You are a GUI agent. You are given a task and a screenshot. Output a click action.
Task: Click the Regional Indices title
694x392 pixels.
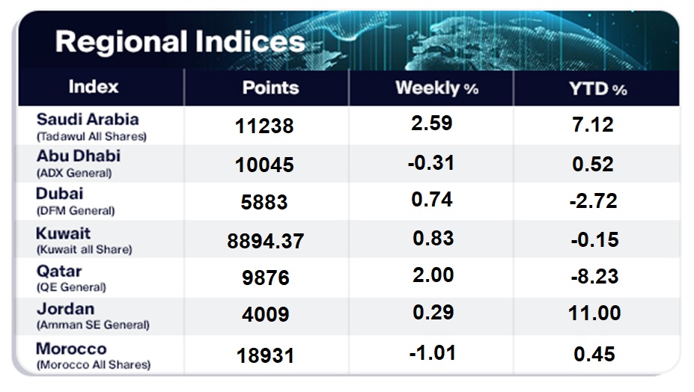(x=180, y=42)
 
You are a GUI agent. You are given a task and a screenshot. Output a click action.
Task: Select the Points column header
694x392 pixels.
(x=271, y=88)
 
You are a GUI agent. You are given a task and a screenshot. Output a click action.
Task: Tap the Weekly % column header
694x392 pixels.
(x=437, y=88)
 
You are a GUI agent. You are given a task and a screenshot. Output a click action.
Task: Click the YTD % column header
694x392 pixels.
(x=598, y=89)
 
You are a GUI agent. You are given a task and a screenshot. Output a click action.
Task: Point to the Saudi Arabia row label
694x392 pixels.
(x=88, y=119)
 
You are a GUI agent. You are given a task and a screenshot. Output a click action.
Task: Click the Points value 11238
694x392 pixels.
(x=264, y=126)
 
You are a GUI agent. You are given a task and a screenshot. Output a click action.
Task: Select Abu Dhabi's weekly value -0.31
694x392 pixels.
(x=431, y=163)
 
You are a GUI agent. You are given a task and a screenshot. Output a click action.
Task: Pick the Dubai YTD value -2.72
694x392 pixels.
(x=593, y=201)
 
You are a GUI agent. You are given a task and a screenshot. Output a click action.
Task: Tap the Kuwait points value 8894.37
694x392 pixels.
(x=266, y=241)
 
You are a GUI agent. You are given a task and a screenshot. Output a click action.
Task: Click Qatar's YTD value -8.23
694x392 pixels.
(x=594, y=277)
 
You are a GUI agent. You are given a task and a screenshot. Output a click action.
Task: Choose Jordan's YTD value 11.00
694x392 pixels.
(x=594, y=313)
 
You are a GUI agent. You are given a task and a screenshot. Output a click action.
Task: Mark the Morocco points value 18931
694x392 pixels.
(x=266, y=356)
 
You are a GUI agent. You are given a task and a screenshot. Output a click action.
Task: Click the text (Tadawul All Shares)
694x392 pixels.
(x=91, y=136)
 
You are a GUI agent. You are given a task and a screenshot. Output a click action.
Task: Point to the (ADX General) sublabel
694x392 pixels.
(x=74, y=173)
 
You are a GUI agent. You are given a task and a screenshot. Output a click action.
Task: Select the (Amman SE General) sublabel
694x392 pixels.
(x=93, y=325)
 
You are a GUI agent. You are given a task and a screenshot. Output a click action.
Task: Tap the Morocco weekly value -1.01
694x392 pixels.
(x=433, y=353)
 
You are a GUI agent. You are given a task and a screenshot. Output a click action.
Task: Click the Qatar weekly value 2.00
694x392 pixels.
(x=433, y=275)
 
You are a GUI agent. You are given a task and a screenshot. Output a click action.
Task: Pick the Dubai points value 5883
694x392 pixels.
(x=264, y=202)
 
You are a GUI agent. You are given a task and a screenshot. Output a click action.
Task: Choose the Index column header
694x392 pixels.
(x=94, y=87)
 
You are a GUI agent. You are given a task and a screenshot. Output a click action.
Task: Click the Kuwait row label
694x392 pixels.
(x=64, y=233)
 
